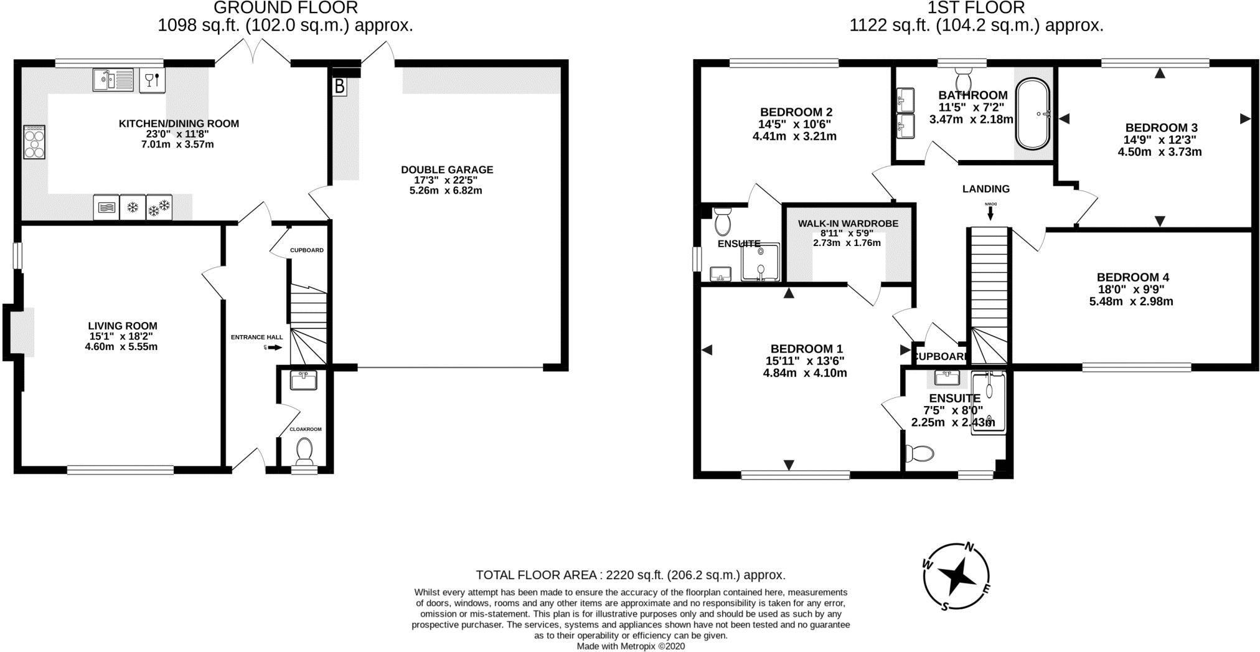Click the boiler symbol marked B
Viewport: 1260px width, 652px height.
coord(339,86)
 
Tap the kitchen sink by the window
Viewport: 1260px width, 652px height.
coord(113,80)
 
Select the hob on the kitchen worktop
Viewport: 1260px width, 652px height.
coord(34,142)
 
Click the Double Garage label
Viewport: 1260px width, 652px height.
coord(446,169)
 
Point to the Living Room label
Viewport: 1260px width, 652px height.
coord(122,326)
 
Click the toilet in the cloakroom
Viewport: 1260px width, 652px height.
coord(304,451)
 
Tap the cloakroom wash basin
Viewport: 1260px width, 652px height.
coord(304,379)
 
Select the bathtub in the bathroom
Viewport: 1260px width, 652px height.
coord(1033,114)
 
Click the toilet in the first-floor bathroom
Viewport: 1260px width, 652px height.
coord(963,80)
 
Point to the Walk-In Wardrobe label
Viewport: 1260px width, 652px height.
coord(848,224)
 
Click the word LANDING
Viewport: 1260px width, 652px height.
coord(985,189)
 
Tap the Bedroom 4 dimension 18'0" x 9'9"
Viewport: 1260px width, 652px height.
coord(1131,290)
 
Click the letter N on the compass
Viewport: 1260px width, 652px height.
coord(969,547)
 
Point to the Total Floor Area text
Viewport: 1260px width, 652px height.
coord(630,575)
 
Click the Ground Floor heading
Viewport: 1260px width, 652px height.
coord(286,8)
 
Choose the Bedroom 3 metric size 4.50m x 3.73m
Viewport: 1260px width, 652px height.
coord(1160,152)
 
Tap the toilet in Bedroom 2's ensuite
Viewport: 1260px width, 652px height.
coord(722,222)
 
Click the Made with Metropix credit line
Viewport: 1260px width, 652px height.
coord(630,646)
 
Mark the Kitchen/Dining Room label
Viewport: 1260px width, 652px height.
coord(179,123)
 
